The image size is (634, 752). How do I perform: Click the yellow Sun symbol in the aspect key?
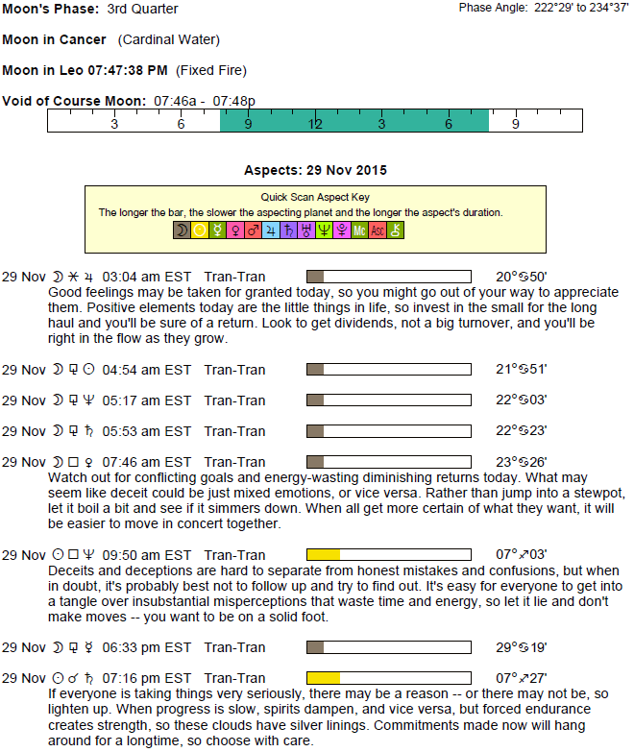click(200, 230)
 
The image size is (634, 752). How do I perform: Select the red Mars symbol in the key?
click(254, 230)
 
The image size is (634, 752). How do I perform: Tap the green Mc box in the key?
click(360, 230)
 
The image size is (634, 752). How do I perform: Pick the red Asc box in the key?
click(378, 230)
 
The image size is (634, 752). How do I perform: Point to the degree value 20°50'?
click(522, 278)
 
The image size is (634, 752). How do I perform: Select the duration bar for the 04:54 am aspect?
click(388, 370)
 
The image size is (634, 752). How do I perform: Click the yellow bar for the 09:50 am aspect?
click(323, 554)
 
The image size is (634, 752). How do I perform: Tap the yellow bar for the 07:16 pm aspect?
click(323, 677)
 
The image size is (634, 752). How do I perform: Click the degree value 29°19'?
click(522, 646)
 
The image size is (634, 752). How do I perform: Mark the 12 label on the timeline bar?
click(315, 124)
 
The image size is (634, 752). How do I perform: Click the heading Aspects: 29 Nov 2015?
click(315, 170)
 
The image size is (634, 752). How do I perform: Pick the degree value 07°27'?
click(522, 677)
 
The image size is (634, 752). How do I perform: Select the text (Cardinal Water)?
click(168, 39)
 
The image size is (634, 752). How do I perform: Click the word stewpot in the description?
click(601, 494)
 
